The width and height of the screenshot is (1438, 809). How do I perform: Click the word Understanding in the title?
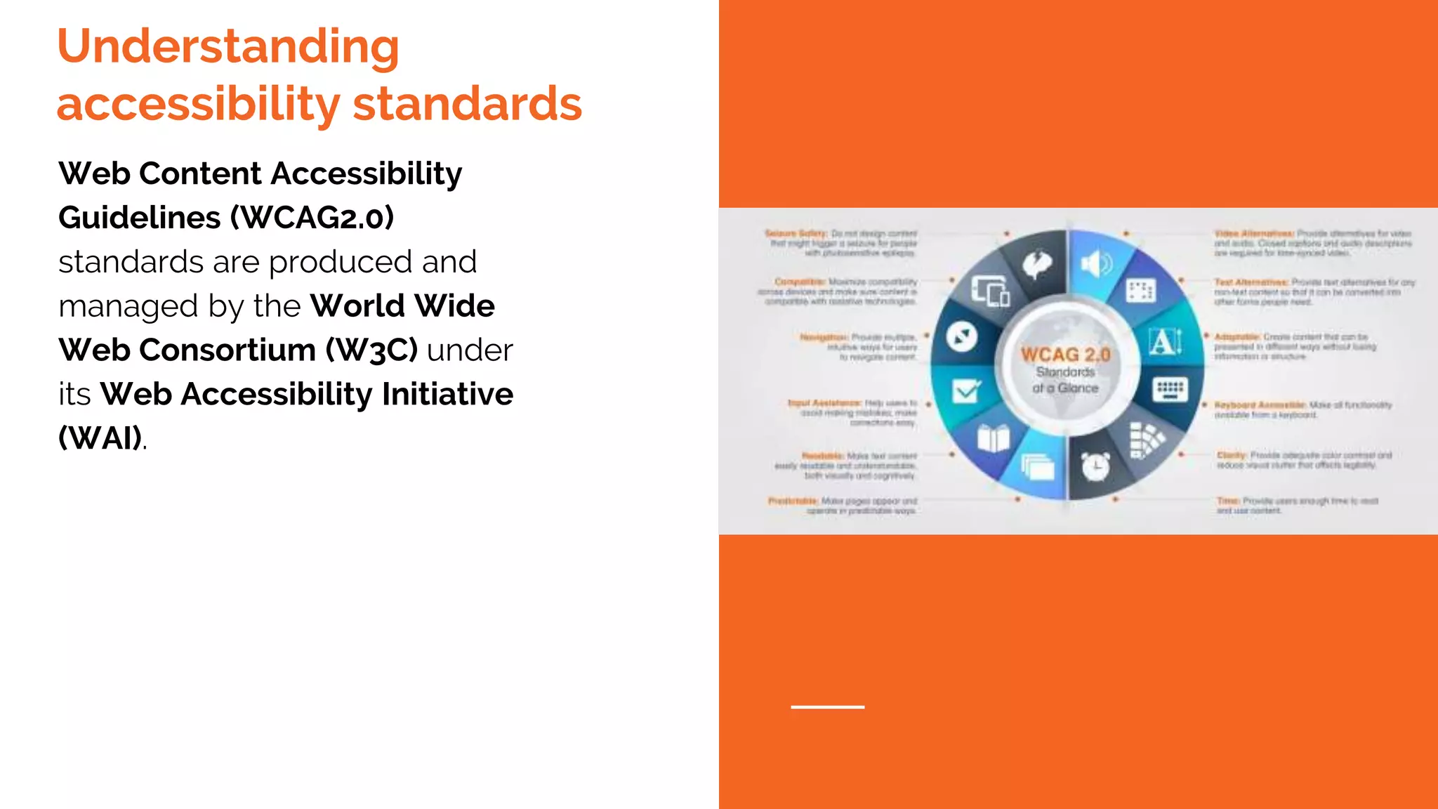228,47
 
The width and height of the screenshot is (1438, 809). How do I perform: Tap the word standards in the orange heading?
467,104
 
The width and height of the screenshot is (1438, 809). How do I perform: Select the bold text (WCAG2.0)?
312,218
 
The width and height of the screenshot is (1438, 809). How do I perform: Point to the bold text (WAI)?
100,438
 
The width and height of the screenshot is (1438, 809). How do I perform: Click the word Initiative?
447,394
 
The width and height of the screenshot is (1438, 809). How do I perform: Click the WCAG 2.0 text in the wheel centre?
1065,355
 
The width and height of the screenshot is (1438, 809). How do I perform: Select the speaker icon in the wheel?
1095,265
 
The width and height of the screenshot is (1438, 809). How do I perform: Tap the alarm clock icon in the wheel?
1095,466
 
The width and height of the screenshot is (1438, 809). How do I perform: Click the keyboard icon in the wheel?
1170,388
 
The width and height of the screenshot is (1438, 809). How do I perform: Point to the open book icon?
994,439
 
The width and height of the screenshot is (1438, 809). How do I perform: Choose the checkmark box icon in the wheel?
966,390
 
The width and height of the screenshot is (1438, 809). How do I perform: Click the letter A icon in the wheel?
1164,342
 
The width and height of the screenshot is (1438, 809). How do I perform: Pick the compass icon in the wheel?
961,336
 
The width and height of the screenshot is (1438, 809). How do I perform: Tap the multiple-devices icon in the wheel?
990,291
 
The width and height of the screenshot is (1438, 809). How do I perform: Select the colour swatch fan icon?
1145,440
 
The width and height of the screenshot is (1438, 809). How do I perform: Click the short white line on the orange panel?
827,706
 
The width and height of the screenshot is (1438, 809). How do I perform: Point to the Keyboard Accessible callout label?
1260,405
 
